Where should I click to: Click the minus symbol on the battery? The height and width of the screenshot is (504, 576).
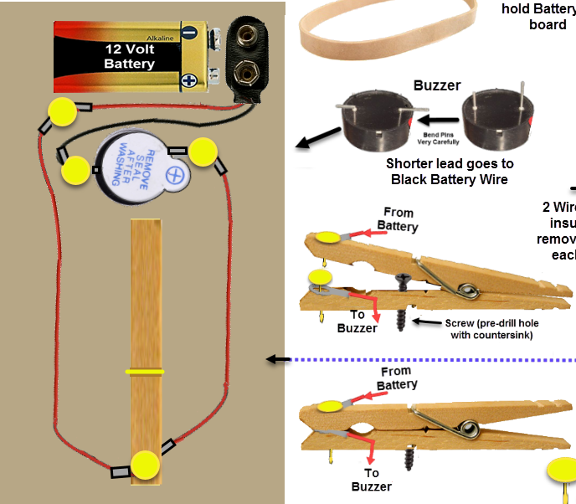click(x=189, y=33)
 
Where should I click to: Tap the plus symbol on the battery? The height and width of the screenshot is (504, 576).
click(x=189, y=81)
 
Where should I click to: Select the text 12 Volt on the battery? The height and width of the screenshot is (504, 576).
click(x=129, y=49)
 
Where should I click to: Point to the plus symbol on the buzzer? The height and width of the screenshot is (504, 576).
click(x=175, y=177)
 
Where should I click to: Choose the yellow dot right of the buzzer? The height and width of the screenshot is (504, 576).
click(x=203, y=152)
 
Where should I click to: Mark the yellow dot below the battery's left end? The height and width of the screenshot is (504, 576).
click(x=60, y=111)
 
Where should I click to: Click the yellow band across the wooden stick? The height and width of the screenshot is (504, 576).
click(x=145, y=370)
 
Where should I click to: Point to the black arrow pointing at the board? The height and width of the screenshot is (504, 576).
click(x=275, y=360)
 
